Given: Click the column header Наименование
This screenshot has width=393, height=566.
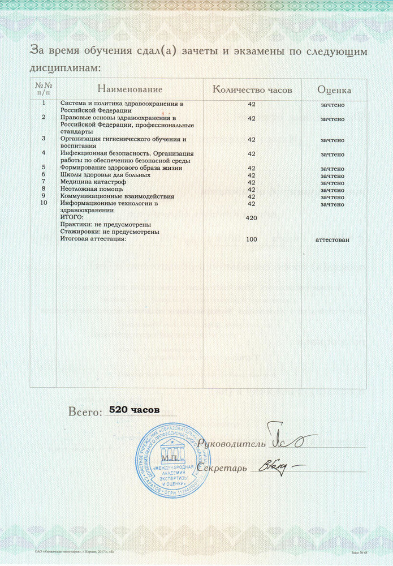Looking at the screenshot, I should [129, 89].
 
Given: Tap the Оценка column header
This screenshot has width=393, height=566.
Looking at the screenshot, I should [334, 90].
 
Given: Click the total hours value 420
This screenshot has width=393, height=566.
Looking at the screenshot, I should [252, 218].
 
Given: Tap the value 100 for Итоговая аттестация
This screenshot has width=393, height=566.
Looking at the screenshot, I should [252, 239].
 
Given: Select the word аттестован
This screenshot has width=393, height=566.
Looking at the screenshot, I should [332, 239].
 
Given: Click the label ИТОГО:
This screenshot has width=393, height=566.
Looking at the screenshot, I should [72, 217].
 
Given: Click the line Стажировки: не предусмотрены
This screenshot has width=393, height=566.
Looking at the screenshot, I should [110, 232].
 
